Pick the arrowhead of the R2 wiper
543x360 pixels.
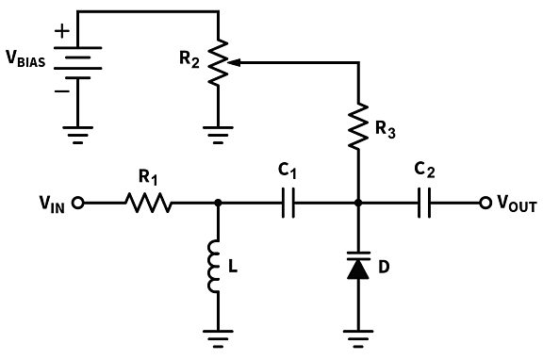pyautogui.click(x=235, y=63)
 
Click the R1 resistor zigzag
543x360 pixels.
pyautogui.click(x=145, y=202)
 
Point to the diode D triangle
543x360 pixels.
pyautogui.click(x=359, y=269)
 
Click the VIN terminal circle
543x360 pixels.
pyautogui.click(x=80, y=202)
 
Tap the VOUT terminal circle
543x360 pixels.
pyautogui.click(x=486, y=202)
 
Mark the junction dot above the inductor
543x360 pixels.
pyautogui.click(x=218, y=202)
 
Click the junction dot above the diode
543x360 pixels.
pyautogui.click(x=359, y=202)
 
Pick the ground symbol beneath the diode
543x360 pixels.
pyautogui.click(x=359, y=335)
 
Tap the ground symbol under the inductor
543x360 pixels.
pyautogui.click(x=218, y=335)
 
